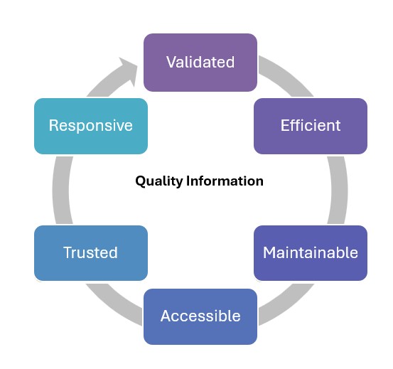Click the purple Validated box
pyautogui.click(x=200, y=63)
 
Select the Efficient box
pyautogui.click(x=311, y=126)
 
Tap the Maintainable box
pyautogui.click(x=311, y=253)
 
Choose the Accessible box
pyautogui.click(x=200, y=316)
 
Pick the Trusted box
pyautogui.click(x=91, y=253)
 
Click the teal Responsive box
pyautogui.click(x=91, y=126)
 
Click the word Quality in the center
pyautogui.click(x=159, y=181)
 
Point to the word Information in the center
pyautogui.click(x=225, y=181)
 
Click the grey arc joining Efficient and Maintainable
pyautogui.click(x=338, y=190)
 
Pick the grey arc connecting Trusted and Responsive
pyautogui.click(x=61, y=190)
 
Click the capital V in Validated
pyautogui.click(x=171, y=62)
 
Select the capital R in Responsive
pyautogui.click(x=53, y=125)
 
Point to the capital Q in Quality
pyautogui.click(x=141, y=181)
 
